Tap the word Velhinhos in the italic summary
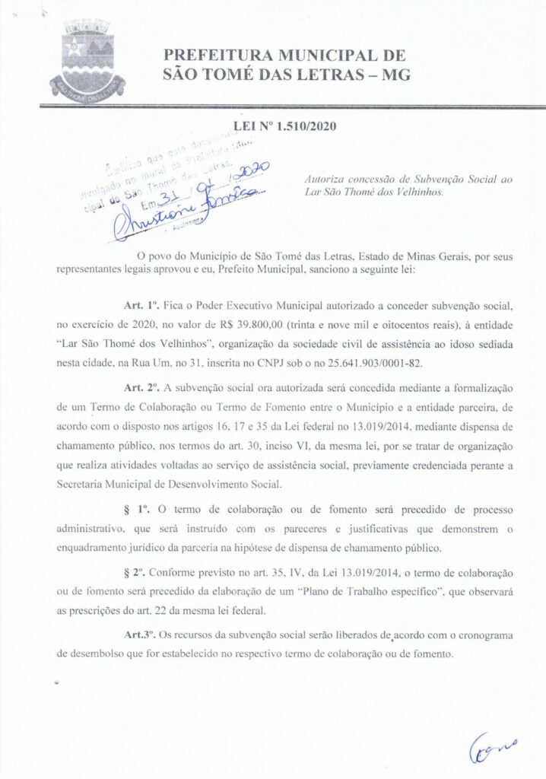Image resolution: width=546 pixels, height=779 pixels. coord(419,192)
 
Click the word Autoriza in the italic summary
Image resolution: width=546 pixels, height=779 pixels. coord(322,178)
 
